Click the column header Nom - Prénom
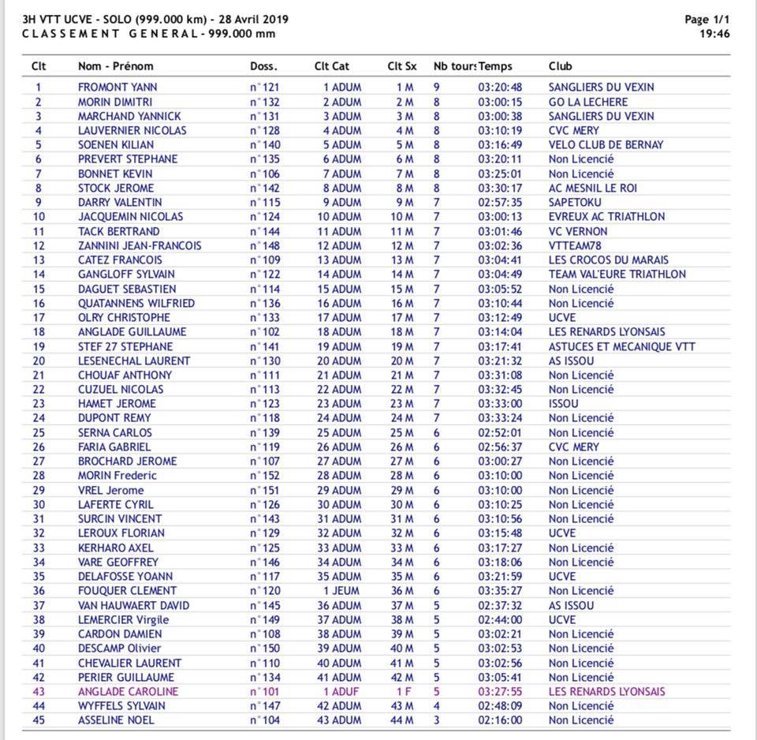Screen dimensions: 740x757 (x=115, y=66)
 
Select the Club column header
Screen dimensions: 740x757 (x=560, y=66)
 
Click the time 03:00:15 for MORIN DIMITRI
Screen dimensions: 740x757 (x=500, y=102)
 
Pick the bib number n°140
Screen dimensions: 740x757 (x=265, y=145)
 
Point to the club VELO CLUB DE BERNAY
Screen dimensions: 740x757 (x=606, y=145)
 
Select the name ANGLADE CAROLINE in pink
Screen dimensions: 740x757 (x=128, y=692)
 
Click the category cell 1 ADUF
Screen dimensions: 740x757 (x=341, y=692)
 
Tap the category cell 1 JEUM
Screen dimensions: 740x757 (x=341, y=591)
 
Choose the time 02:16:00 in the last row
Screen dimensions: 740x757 (x=500, y=720)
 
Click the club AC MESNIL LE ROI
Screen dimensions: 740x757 (x=593, y=188)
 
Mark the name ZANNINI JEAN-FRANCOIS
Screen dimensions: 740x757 (x=140, y=245)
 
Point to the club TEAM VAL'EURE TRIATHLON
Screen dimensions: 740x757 (x=617, y=275)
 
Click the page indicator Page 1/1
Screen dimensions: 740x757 (x=707, y=20)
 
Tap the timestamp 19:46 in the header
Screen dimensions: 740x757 (x=714, y=34)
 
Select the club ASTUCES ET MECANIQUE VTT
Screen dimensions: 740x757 (x=621, y=346)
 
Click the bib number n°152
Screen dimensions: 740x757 (x=265, y=476)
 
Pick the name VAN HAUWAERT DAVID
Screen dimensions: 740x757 (x=133, y=606)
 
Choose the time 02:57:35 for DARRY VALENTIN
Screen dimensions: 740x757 (x=500, y=203)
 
